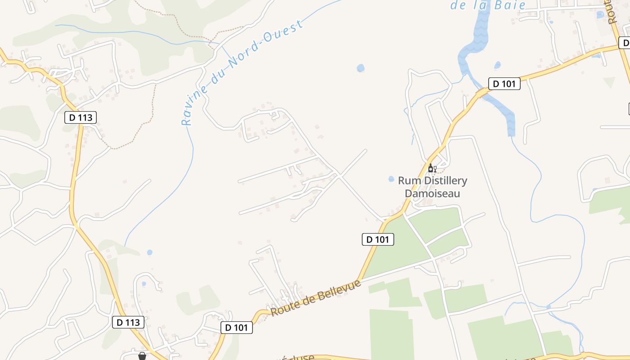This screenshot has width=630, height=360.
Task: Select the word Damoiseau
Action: [x=432, y=193]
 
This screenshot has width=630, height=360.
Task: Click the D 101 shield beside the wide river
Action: [x=504, y=84]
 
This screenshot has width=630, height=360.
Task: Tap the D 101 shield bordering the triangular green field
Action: [x=378, y=239]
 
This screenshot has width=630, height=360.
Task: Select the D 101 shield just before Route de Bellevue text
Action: [x=237, y=328]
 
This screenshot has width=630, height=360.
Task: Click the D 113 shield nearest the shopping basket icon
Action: [x=128, y=322]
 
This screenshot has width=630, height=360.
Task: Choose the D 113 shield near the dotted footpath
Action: [x=81, y=118]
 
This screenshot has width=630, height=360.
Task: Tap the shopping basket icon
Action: [x=142, y=356]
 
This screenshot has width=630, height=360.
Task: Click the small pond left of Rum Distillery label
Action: [x=391, y=179]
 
